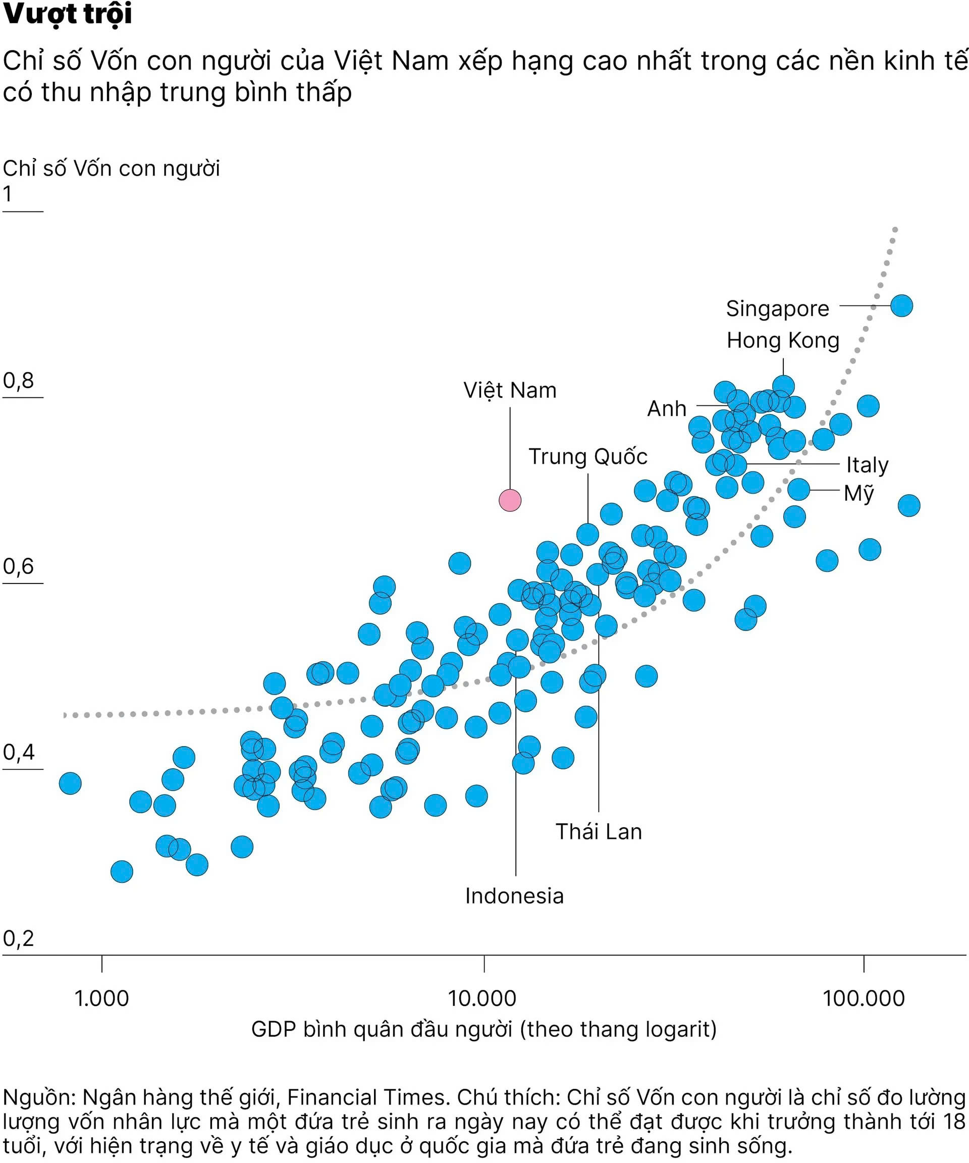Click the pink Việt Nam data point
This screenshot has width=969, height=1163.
tap(510, 500)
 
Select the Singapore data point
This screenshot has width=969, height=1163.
tap(901, 306)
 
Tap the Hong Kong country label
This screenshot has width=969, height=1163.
tap(783, 341)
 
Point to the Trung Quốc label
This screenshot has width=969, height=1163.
tap(587, 457)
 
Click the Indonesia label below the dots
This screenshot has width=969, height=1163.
tap(514, 896)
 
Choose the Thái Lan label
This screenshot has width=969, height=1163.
tap(599, 832)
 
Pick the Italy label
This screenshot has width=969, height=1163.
tap(867, 465)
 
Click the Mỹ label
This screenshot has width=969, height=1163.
tap(859, 493)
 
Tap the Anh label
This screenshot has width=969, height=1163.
tap(667, 409)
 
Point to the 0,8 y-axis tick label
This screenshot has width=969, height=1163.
tap(18, 381)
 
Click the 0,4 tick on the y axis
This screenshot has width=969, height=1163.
tap(18, 752)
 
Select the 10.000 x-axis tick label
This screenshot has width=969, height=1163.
tap(482, 998)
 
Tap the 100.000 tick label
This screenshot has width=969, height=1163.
tap(863, 998)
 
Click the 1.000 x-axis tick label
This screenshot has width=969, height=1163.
tap(101, 998)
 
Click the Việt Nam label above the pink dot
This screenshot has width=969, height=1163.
tap(510, 390)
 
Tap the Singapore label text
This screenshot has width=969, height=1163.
tap(777, 309)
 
